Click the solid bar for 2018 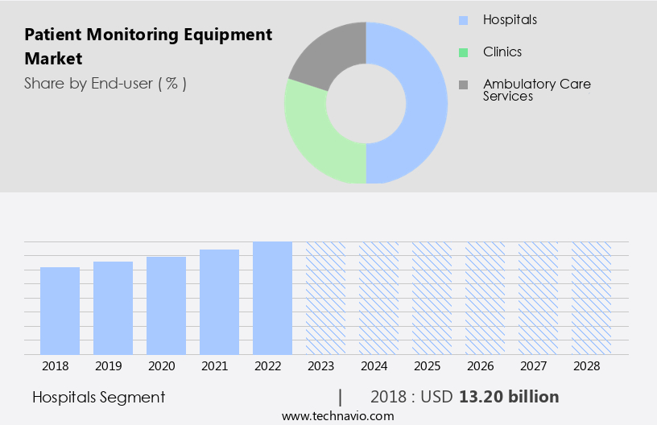60,311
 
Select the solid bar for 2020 166,306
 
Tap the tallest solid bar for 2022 272,298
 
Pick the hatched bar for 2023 325,298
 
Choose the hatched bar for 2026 485,298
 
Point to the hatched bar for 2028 591,298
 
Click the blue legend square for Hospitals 462,20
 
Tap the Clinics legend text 502,52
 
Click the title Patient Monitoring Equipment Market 148,47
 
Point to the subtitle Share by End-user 105,83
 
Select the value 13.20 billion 509,397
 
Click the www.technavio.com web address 337,415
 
